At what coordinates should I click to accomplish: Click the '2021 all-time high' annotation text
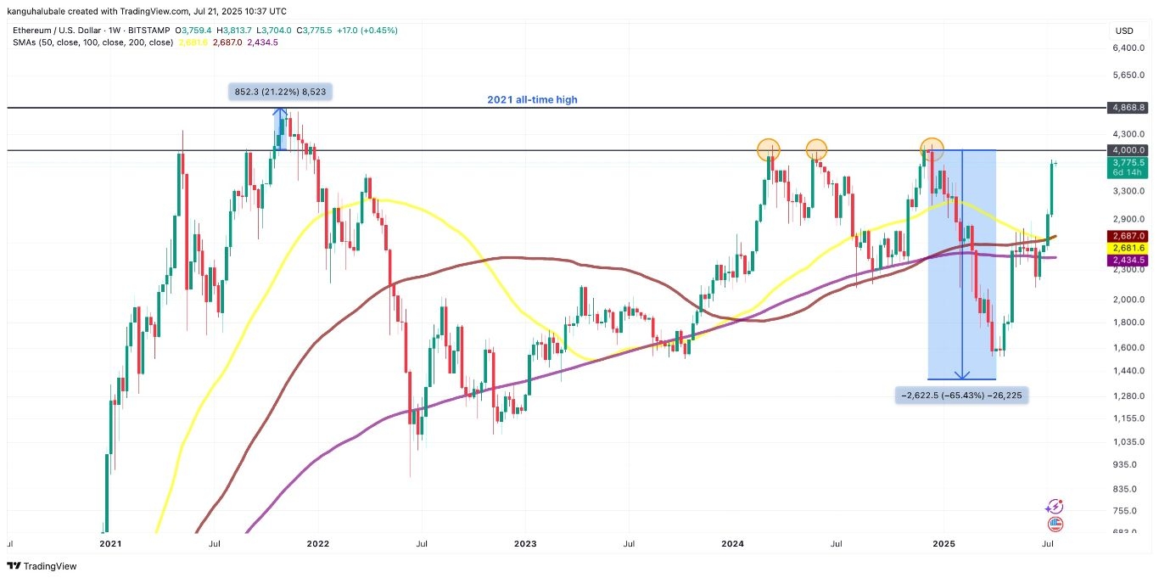click(532, 99)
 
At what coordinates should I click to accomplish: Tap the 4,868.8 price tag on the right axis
click(1128, 108)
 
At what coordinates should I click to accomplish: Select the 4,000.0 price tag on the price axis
click(1128, 150)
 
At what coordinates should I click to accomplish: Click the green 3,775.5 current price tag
click(1128, 162)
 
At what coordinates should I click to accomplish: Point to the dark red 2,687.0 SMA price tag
click(1128, 236)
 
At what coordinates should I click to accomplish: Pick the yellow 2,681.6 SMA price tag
click(1128, 248)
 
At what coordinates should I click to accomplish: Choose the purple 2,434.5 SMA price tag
click(1128, 260)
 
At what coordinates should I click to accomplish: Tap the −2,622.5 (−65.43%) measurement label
click(961, 395)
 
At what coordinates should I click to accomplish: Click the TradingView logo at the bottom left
click(42, 566)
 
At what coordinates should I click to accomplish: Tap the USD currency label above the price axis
click(1124, 31)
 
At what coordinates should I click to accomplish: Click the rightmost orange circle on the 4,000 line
click(932, 149)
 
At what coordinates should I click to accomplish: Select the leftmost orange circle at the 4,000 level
click(769, 150)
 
